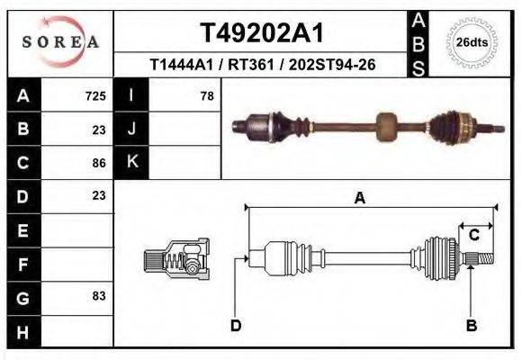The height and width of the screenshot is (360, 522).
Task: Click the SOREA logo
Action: coord(61,42)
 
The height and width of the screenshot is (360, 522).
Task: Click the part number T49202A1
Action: coord(261,33)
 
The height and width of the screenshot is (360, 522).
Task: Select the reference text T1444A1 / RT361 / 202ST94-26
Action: coord(261,65)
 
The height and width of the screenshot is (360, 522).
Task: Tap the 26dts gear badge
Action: coord(472,42)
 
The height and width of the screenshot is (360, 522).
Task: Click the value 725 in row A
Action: coord(95,95)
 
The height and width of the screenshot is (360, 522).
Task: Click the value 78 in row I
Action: coord(206,95)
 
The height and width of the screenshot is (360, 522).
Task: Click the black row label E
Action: coord(22,230)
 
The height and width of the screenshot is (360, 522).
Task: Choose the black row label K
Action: coord(131,163)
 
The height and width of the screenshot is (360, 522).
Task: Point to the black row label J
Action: coord(131,129)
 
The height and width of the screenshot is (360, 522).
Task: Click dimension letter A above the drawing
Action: coord(359,199)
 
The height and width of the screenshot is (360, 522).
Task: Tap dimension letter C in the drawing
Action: coord(473,235)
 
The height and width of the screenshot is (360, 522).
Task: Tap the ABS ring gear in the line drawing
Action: coord(438,259)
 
